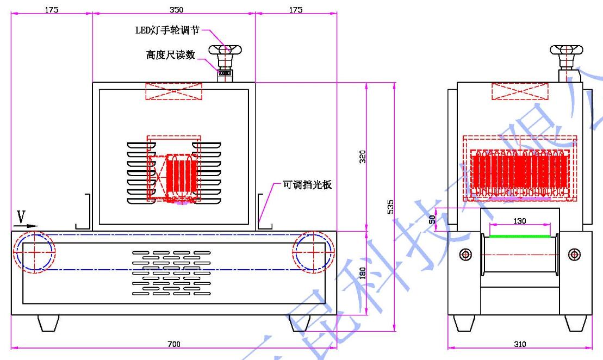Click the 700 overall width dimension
click(x=173, y=344)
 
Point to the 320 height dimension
click(x=363, y=157)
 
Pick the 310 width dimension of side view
click(x=520, y=344)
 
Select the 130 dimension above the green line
click(x=520, y=221)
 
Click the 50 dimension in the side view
click(x=432, y=219)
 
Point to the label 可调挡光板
click(x=307, y=185)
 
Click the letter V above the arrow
click(x=21, y=216)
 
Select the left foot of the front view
click(x=48, y=322)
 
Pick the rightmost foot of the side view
click(x=575, y=322)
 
